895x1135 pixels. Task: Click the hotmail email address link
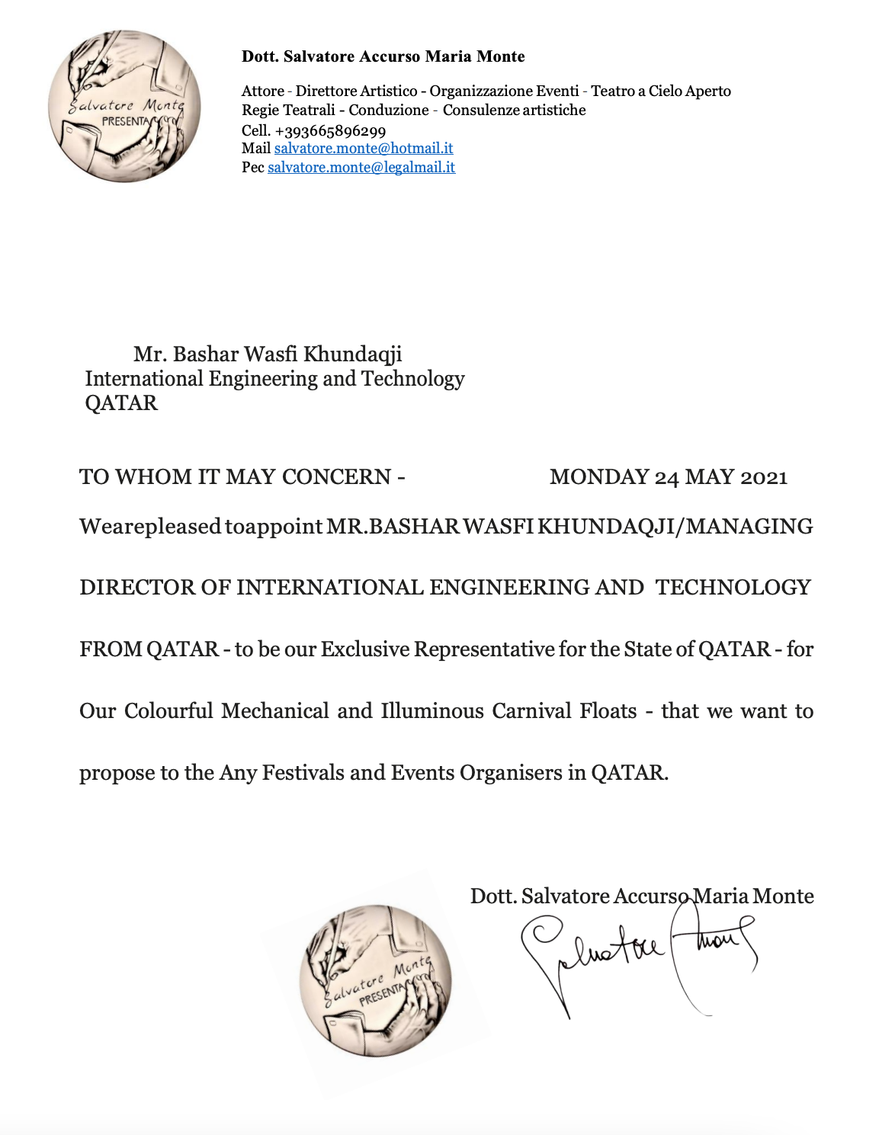pyautogui.click(x=364, y=149)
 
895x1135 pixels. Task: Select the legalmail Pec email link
pyautogui.click(x=361, y=168)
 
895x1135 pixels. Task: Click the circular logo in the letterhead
pyautogui.click(x=124, y=106)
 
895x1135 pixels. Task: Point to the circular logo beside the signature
pyautogui.click(x=376, y=981)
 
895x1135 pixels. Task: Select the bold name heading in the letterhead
pyautogui.click(x=383, y=56)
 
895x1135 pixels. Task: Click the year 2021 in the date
pyautogui.click(x=763, y=478)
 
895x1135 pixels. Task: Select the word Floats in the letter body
pyautogui.click(x=608, y=711)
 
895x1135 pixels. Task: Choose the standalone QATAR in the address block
pyautogui.click(x=121, y=403)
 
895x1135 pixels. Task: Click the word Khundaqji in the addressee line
pyautogui.click(x=352, y=354)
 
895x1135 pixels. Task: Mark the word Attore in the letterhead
pyautogui.click(x=262, y=91)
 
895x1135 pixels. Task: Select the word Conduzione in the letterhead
pyautogui.click(x=389, y=111)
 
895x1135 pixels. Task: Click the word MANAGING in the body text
pyautogui.click(x=749, y=527)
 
